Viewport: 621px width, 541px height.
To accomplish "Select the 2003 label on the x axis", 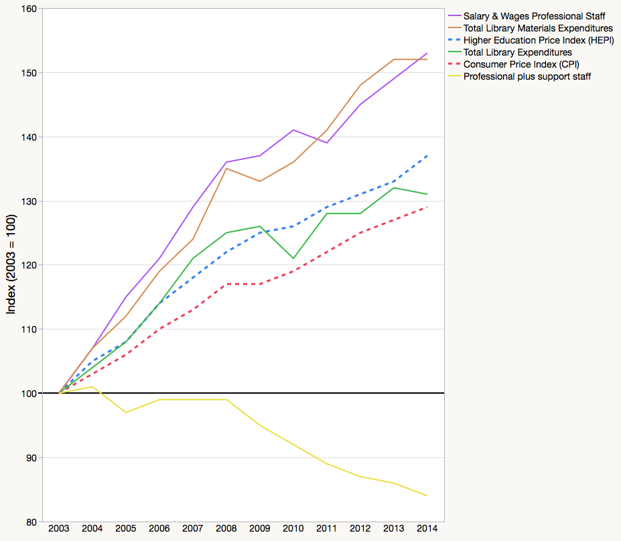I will point(59,529).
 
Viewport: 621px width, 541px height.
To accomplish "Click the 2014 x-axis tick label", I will point(427,529).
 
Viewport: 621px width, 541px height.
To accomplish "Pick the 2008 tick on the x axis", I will point(226,529).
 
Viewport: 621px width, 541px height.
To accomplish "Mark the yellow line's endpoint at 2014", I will point(427,496).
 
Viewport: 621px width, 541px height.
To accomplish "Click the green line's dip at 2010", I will point(293,258).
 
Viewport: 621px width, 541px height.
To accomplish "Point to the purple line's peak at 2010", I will point(293,130).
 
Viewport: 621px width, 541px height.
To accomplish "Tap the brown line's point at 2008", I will point(226,169).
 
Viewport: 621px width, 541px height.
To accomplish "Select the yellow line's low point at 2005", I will point(126,412).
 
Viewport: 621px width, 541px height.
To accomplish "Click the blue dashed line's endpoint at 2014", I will point(427,155).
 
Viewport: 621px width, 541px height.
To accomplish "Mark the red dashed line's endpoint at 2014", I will point(427,207).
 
